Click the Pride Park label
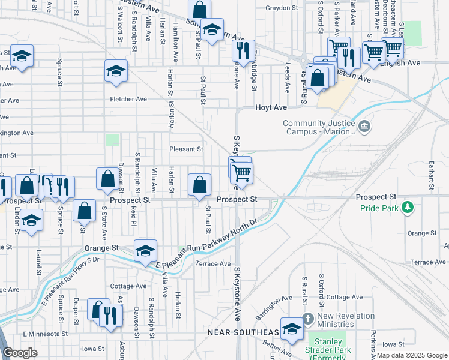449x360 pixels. pos(379,208)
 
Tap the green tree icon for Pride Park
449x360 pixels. pos(408,208)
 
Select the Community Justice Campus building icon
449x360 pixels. pos(364,127)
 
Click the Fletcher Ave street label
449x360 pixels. pos(128,99)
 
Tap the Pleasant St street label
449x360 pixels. pos(186,149)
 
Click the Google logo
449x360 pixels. pos(20,353)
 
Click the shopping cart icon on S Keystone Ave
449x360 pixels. pos(241,172)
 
